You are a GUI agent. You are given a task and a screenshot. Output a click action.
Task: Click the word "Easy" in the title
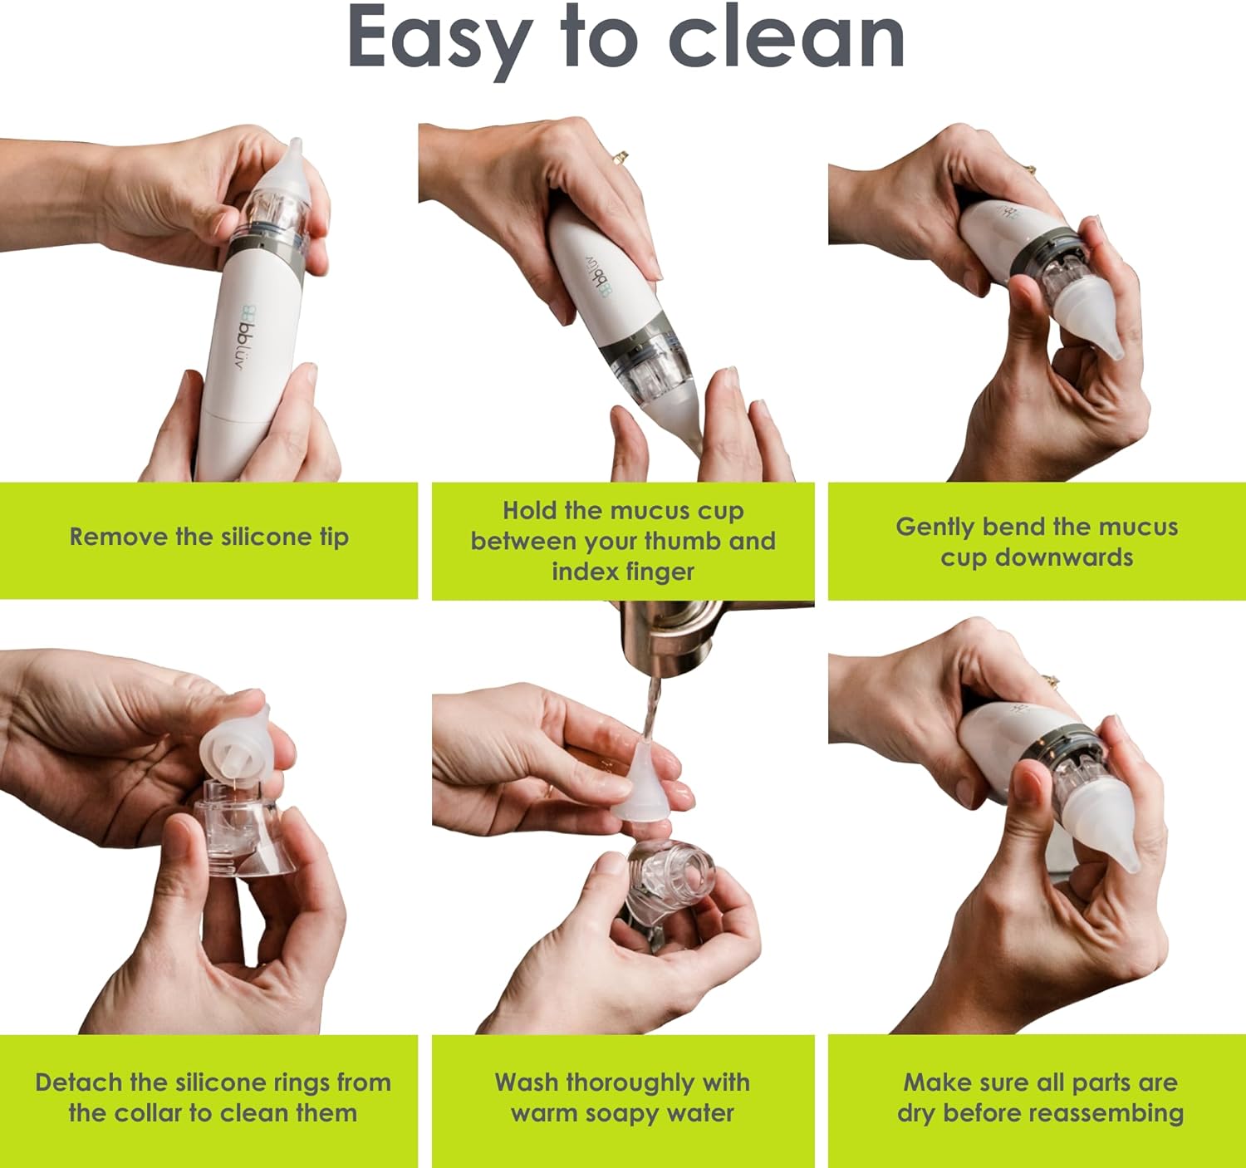439,40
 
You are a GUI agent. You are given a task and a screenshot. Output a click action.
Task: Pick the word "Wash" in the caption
527,1082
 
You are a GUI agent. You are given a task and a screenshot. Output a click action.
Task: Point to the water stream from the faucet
650,709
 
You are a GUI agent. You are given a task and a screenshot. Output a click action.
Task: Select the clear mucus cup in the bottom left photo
245,827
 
